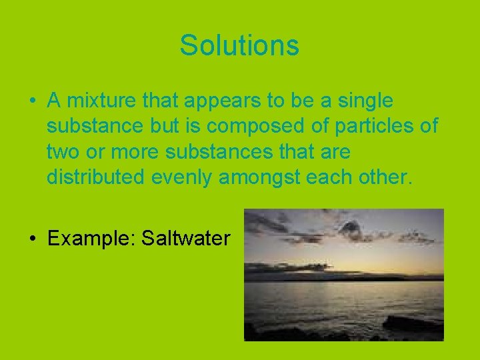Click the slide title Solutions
(x=239, y=45)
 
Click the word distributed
(x=93, y=178)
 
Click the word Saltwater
(x=185, y=238)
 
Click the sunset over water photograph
(x=343, y=275)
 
